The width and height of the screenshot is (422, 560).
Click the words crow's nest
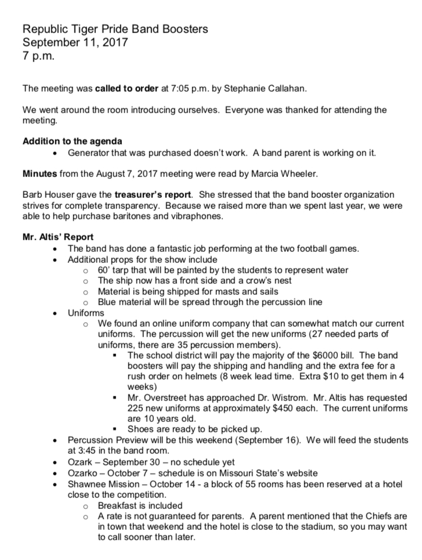[x=252, y=280]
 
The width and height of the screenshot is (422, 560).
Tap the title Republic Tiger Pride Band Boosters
[x=115, y=29]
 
